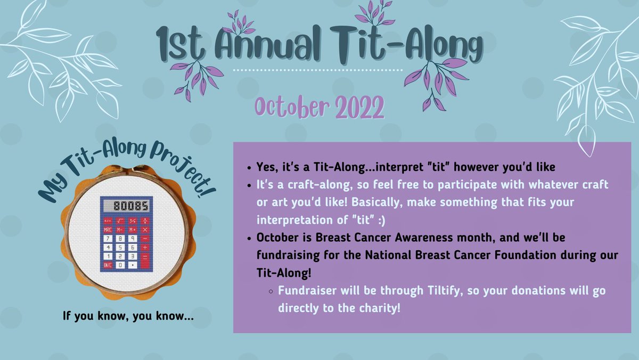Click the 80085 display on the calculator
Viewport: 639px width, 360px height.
pos(126,206)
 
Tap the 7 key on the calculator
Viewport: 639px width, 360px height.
pos(108,239)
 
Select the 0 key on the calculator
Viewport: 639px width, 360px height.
pos(120,265)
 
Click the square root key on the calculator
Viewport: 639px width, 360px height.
pos(120,220)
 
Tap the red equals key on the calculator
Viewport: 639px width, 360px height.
pos(145,261)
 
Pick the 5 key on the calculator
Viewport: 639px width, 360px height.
pos(120,247)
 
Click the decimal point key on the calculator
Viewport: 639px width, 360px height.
pos(133,265)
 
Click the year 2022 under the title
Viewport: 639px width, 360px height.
pos(359,108)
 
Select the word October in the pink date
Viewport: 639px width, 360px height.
pos(292,107)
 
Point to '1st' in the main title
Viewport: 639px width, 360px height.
pos(181,45)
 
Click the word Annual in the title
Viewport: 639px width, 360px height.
pos(267,43)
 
